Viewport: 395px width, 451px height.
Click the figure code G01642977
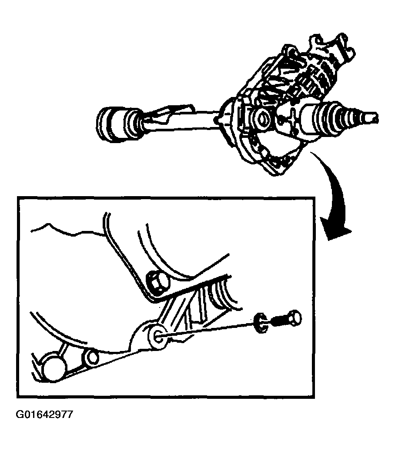pyautogui.click(x=44, y=414)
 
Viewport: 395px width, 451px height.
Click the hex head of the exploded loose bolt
pyautogui.click(x=294, y=317)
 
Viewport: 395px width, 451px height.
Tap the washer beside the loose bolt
pyautogui.click(x=260, y=322)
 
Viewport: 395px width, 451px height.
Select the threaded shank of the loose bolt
pyautogui.click(x=278, y=321)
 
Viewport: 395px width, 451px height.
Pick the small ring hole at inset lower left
pyautogui.click(x=91, y=357)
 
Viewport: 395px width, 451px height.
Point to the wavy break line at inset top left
pyautogui.click(x=67, y=229)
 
